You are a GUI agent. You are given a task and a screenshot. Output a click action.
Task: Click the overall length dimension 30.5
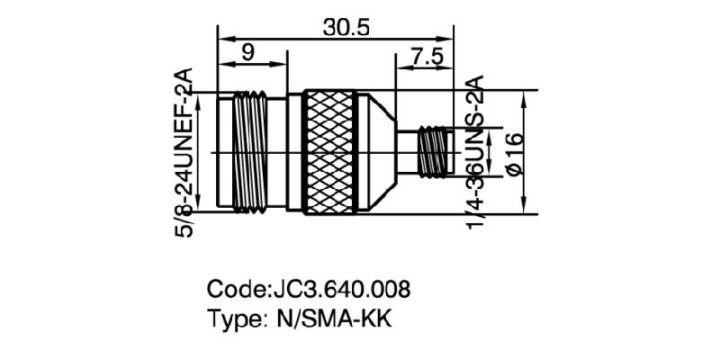[x=346, y=27]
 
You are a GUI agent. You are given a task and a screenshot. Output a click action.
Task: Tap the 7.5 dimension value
[x=426, y=55]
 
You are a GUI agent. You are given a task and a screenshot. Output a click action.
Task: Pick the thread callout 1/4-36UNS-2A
[x=476, y=153]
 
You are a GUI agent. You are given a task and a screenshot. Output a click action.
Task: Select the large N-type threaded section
[x=249, y=152]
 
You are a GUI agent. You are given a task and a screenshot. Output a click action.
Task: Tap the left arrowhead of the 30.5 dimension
[x=222, y=38]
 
